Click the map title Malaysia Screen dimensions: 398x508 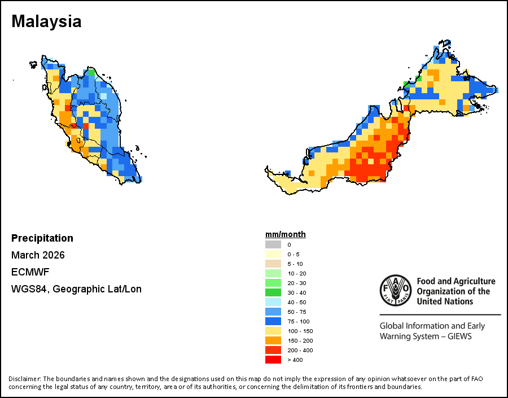[x=46, y=21]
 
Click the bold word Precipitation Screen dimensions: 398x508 [x=42, y=238]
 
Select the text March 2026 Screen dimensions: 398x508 [x=38, y=255]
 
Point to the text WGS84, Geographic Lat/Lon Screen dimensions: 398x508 [x=76, y=289]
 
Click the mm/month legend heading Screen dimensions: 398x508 [x=286, y=235]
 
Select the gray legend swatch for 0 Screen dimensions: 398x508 [x=273, y=244]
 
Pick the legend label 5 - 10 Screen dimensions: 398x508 [x=295, y=264]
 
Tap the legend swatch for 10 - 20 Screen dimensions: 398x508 [x=273, y=273]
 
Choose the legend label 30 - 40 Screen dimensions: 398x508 [x=296, y=292]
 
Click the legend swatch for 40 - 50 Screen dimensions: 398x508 [x=273, y=302]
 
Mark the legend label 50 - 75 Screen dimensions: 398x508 [x=296, y=312]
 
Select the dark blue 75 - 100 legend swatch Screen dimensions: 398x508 [x=273, y=321]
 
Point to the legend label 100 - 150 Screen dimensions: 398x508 [x=299, y=331]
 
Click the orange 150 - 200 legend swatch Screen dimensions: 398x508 [x=273, y=340]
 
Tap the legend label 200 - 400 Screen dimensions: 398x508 [x=299, y=350]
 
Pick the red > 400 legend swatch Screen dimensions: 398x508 [x=273, y=360]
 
